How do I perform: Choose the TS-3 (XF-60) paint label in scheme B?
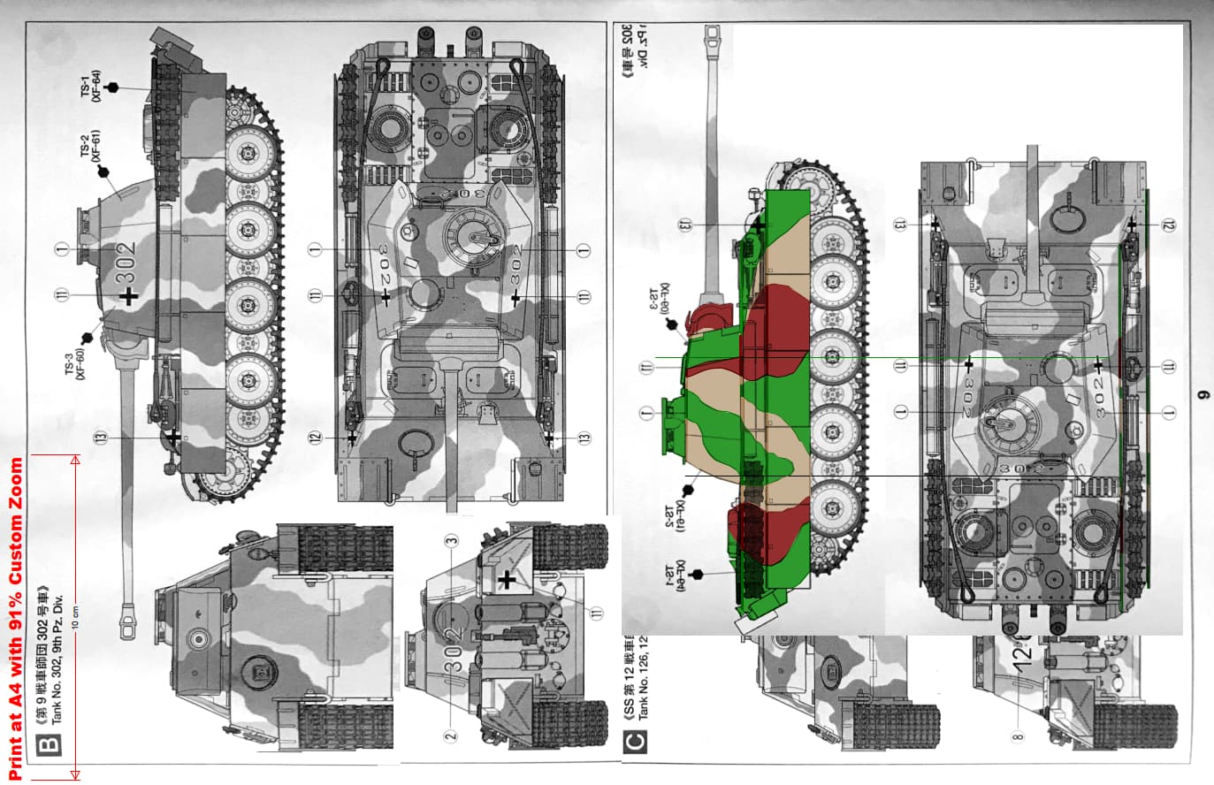tap(74, 364)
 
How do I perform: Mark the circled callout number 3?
tap(451, 541)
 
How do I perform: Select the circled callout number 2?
tap(450, 735)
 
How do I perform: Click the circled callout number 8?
tap(1018, 735)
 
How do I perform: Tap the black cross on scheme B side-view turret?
tap(129, 296)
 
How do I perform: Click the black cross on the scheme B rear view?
tap(507, 580)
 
